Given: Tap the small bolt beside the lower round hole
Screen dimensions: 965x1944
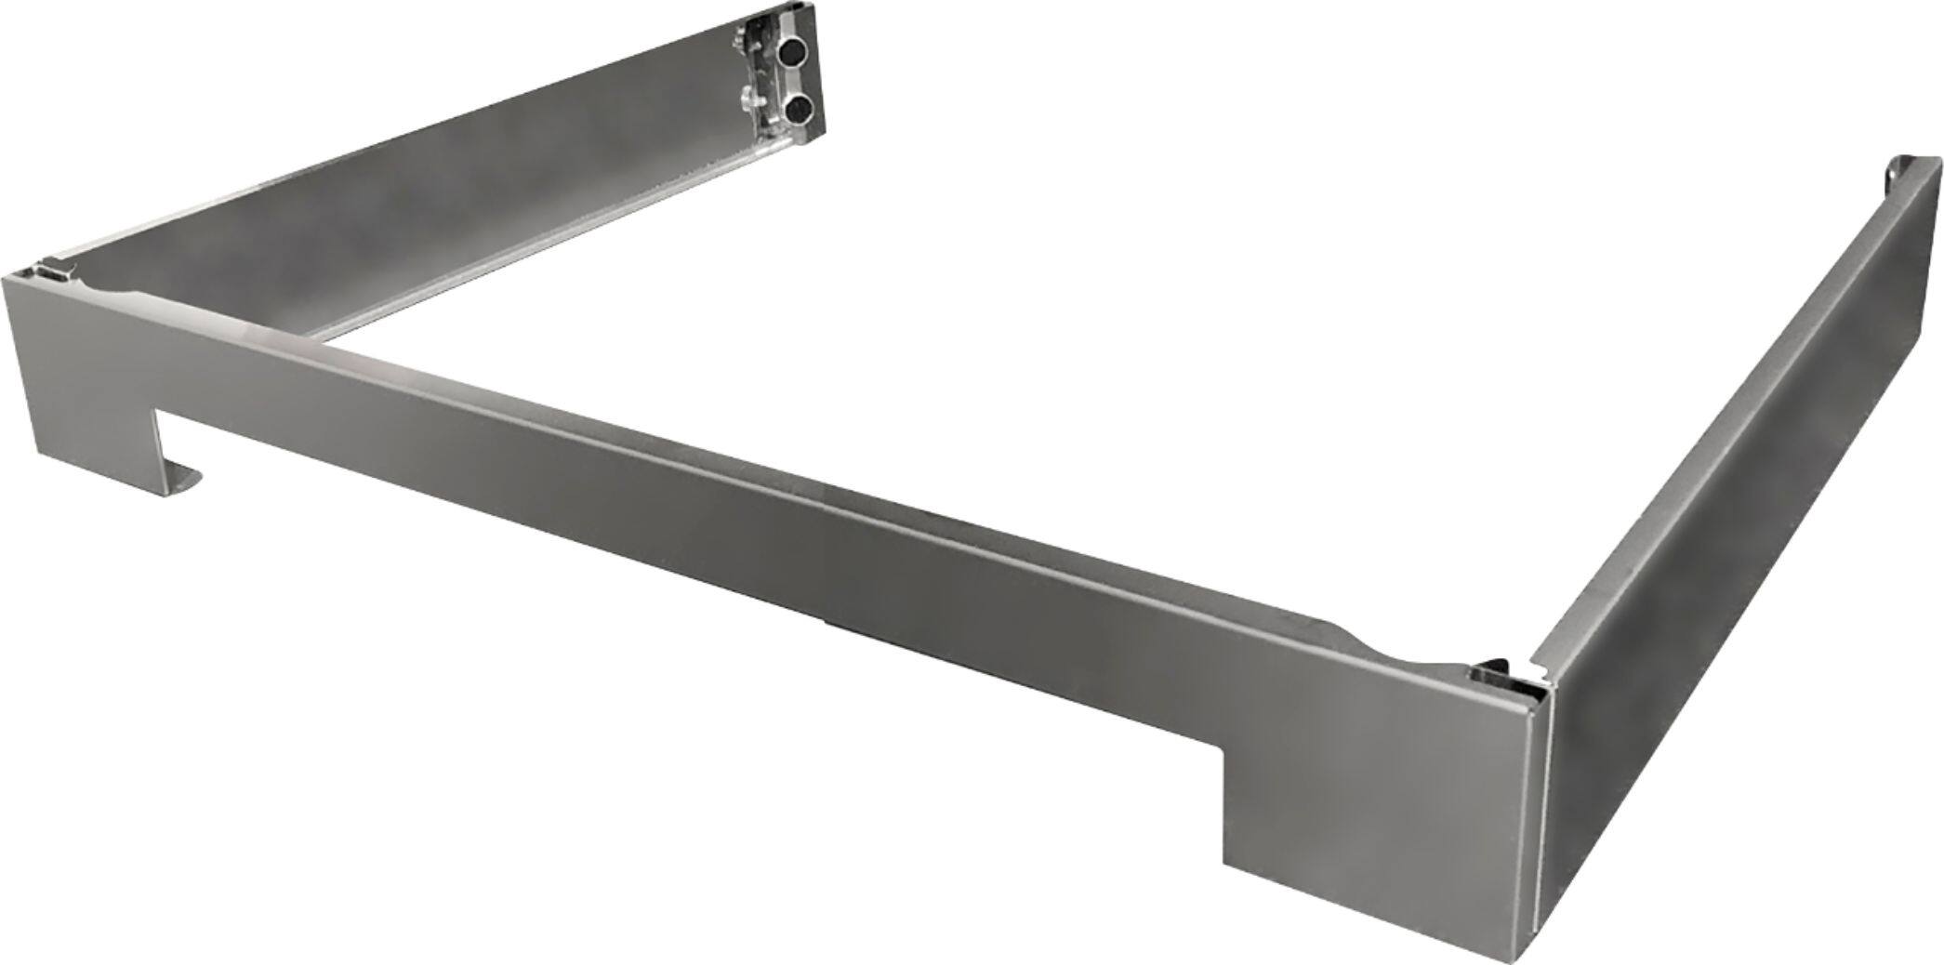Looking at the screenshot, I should [x=748, y=98].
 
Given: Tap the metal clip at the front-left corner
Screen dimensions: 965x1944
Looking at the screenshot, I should [x=51, y=271].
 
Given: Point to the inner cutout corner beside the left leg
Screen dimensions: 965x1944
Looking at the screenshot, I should [x=158, y=409].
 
